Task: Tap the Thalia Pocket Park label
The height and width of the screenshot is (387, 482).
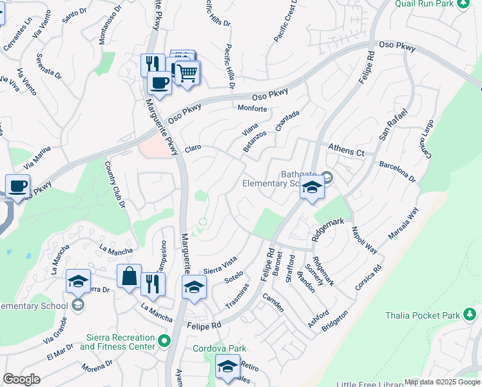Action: click(435, 315)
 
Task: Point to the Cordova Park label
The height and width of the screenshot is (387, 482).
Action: click(220, 348)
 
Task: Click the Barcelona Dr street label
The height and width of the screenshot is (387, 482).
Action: click(398, 172)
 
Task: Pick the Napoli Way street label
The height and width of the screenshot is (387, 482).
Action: click(364, 240)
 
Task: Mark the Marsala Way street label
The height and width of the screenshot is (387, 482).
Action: click(403, 224)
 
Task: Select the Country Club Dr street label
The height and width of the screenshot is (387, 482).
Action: click(115, 185)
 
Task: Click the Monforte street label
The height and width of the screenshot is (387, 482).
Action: click(252, 108)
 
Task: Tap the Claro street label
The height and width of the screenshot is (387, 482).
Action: click(193, 148)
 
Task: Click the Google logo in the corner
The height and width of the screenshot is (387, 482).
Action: click(21, 379)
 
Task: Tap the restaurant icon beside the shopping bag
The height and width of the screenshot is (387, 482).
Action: click(153, 283)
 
